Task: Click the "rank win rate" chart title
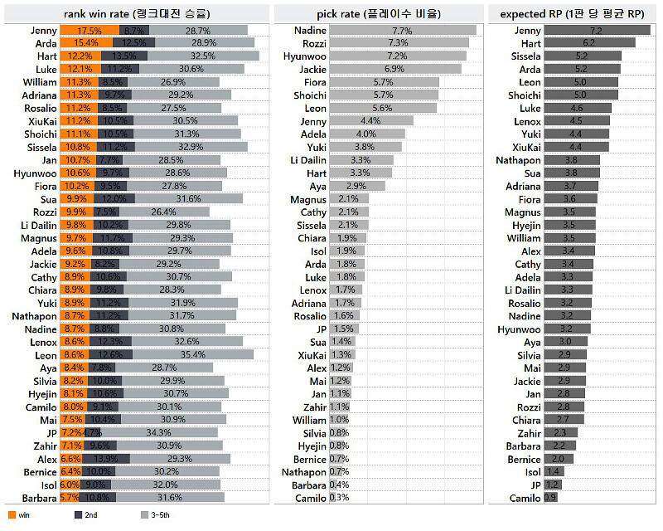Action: coord(138,13)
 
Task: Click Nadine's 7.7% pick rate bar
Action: coord(402,30)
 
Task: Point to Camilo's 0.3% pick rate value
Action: coord(339,498)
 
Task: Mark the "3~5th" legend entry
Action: coord(152,515)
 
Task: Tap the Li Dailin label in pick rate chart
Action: coord(307,160)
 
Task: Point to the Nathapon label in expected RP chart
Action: coord(518,160)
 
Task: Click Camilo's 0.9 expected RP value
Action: coord(550,498)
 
